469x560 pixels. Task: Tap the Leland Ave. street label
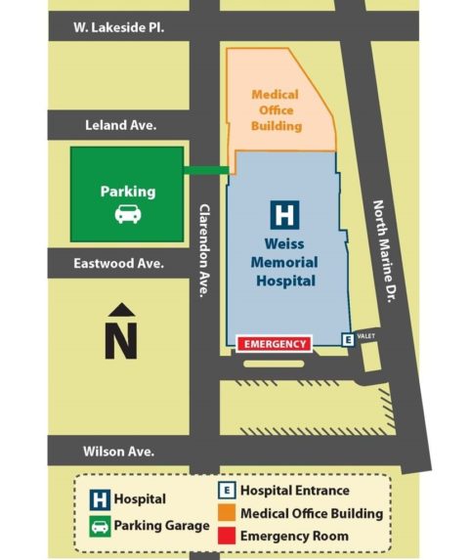(121, 125)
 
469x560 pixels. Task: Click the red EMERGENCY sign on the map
(275, 344)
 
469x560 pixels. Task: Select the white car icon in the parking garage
(127, 214)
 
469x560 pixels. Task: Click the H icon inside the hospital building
(284, 214)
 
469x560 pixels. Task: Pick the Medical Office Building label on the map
(276, 110)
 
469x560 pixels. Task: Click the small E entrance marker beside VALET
(347, 339)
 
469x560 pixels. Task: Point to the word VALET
(365, 336)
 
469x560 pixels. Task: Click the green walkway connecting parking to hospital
(206, 171)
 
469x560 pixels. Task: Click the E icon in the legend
(226, 491)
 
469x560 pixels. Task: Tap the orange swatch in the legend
(226, 514)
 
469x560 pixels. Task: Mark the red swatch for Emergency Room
(226, 536)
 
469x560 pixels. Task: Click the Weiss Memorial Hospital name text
(284, 262)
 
